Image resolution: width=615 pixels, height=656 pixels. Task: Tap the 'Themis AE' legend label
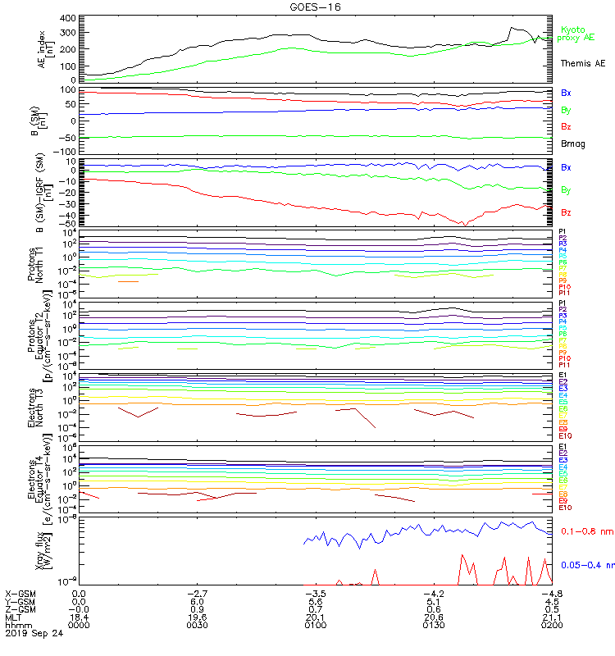582,63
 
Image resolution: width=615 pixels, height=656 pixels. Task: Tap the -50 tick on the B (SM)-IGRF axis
69,223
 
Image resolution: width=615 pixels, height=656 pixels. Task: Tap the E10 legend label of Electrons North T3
566,436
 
